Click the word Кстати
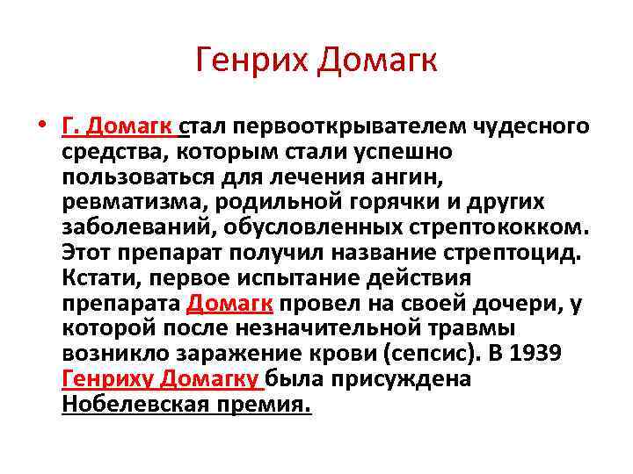(95, 279)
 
